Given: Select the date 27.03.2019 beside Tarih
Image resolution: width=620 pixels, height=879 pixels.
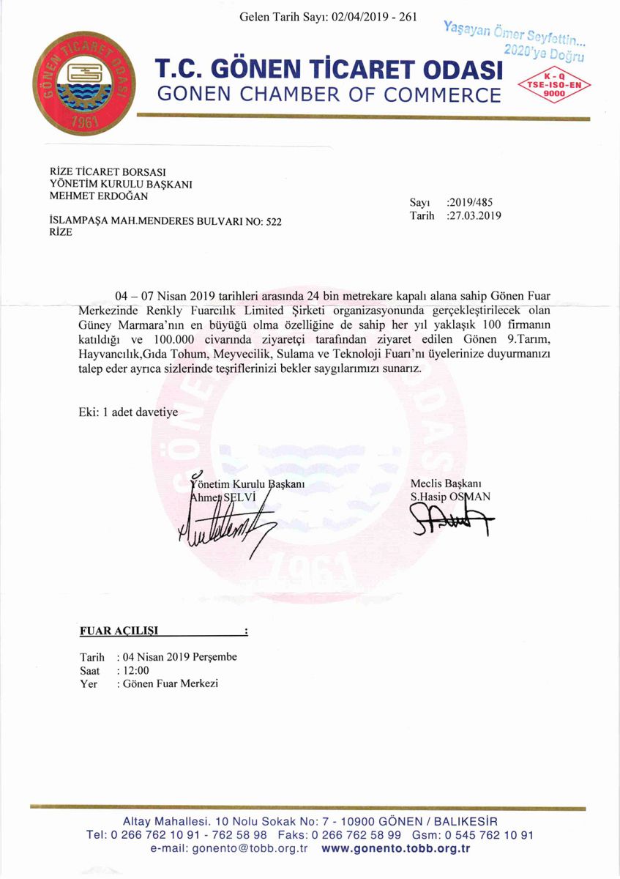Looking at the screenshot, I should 477,216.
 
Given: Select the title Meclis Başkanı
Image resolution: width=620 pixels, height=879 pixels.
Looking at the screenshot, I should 445,483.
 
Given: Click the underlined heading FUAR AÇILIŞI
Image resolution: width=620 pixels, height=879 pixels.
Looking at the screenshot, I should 118,630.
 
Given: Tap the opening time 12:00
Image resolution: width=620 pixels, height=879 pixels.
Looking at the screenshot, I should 135,670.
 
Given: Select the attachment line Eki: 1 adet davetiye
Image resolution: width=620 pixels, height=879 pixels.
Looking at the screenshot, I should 128,412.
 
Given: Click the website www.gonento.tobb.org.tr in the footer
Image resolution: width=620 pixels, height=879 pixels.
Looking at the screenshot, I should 395,849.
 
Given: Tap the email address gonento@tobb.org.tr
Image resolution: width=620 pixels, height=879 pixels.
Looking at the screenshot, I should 250,849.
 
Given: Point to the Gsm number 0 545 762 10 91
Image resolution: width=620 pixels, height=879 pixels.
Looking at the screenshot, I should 484,835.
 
